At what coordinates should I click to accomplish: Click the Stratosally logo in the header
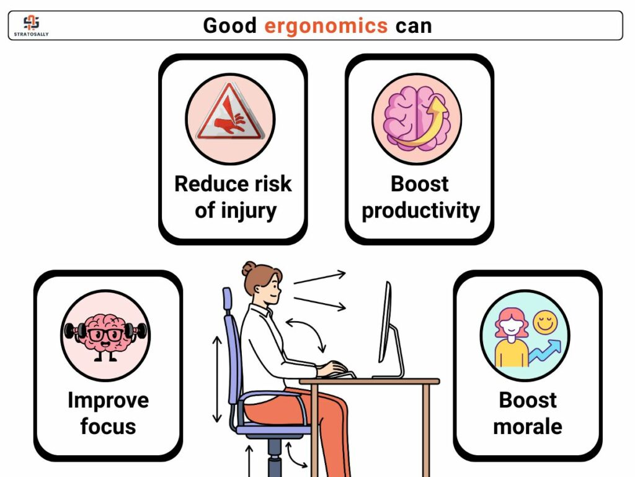(x=31, y=25)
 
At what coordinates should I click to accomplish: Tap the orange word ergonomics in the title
(x=326, y=26)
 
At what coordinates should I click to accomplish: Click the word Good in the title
(x=229, y=25)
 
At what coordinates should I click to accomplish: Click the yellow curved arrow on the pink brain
(x=423, y=124)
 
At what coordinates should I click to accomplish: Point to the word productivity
(x=420, y=211)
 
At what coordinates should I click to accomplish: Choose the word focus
(x=108, y=426)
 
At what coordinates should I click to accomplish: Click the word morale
(x=528, y=427)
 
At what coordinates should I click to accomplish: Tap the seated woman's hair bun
(x=249, y=268)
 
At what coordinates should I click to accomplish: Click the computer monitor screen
(x=385, y=322)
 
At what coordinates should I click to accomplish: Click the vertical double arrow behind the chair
(x=217, y=379)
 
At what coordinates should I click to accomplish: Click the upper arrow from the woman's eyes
(x=319, y=278)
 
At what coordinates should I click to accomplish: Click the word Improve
(x=108, y=401)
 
